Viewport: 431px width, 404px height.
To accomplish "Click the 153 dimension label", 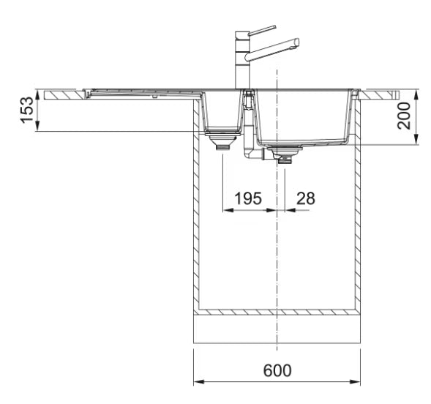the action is pos(26,111).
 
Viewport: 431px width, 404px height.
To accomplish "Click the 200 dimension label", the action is pos(403,116).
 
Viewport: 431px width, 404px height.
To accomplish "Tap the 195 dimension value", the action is pos(247,198).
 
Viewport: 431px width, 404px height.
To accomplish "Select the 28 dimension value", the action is pos(305,198).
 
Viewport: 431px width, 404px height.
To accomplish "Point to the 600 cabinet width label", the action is pos(277,370).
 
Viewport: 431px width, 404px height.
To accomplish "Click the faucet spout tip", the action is pos(296,42).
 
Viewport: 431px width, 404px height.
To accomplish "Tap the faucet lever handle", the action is pos(262,30).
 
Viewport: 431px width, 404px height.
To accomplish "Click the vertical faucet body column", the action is pos(242,61).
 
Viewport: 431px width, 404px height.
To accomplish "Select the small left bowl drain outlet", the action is pos(222,141).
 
